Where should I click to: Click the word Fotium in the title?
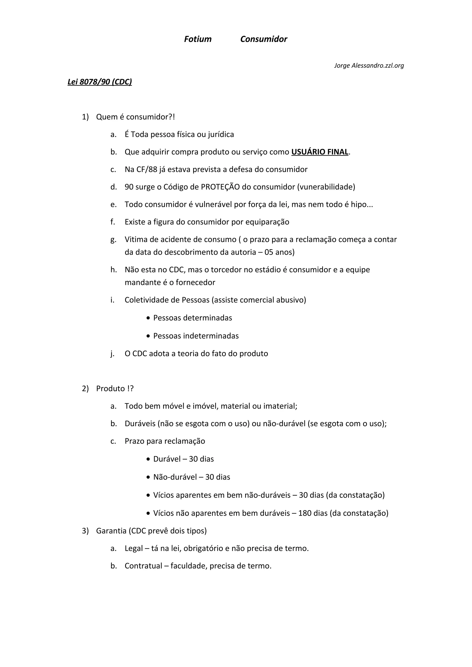pyautogui.click(x=198, y=39)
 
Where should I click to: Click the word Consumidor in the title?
pyautogui.click(x=263, y=39)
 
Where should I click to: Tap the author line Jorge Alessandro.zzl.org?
pyautogui.click(x=369, y=66)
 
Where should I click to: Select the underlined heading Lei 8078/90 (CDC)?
pyautogui.click(x=100, y=82)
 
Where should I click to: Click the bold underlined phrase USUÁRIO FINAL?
pyautogui.click(x=320, y=152)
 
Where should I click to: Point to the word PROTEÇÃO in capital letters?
pyautogui.click(x=220, y=187)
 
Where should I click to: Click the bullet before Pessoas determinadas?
pyautogui.click(x=148, y=318)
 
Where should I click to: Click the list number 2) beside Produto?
pyautogui.click(x=85, y=389)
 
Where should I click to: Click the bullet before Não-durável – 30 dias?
pyautogui.click(x=148, y=477)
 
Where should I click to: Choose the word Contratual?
pyautogui.click(x=143, y=566)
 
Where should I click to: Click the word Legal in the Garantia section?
pyautogui.click(x=134, y=548)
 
